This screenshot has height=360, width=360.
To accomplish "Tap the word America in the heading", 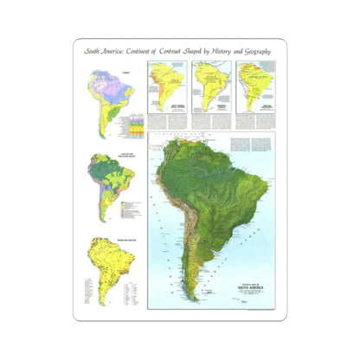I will [x=114, y=51].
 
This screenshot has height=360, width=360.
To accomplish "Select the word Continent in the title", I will [x=146, y=51].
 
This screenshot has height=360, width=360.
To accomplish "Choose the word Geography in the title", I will [x=278, y=51].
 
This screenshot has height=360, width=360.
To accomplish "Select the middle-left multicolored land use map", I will [x=106, y=187].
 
